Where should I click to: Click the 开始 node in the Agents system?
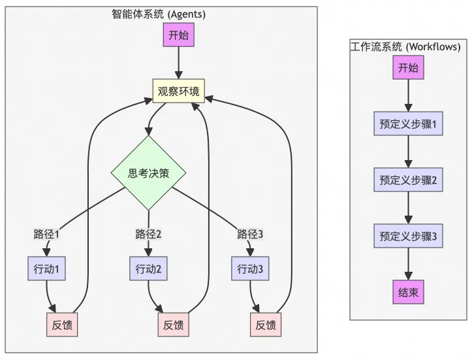tap(178, 35)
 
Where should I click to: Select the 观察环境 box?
tap(178, 91)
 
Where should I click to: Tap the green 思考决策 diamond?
tap(149, 173)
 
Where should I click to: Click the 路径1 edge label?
tap(47, 234)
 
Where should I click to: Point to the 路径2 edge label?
tap(148, 234)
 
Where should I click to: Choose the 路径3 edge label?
tap(250, 234)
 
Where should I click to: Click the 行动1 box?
tap(47, 269)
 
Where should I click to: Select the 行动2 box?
tap(148, 269)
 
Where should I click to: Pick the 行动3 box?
tap(250, 269)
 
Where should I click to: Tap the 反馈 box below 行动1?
tap(62, 325)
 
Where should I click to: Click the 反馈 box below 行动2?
tap(174, 325)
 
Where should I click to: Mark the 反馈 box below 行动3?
tap(266, 325)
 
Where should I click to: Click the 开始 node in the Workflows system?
tap(408, 68)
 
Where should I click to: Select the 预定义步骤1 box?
tap(408, 124)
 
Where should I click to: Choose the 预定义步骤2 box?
tap(408, 180)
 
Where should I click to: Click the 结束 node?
tap(408, 292)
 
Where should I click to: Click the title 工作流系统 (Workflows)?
tap(406, 46)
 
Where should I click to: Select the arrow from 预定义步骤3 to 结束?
tap(408, 264)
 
